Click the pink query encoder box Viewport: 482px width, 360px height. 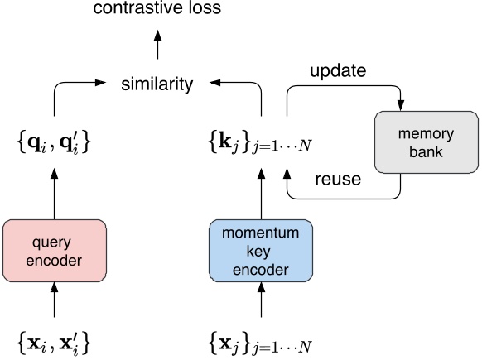55,249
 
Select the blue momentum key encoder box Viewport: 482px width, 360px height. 261,249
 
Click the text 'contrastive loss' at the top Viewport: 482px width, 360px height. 157,11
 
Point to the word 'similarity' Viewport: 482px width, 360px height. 157,84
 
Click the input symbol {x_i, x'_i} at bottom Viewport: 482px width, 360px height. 55,339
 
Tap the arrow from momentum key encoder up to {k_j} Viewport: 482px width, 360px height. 261,192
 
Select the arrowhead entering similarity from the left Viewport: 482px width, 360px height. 106,83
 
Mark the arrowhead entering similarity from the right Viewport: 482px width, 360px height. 209,83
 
